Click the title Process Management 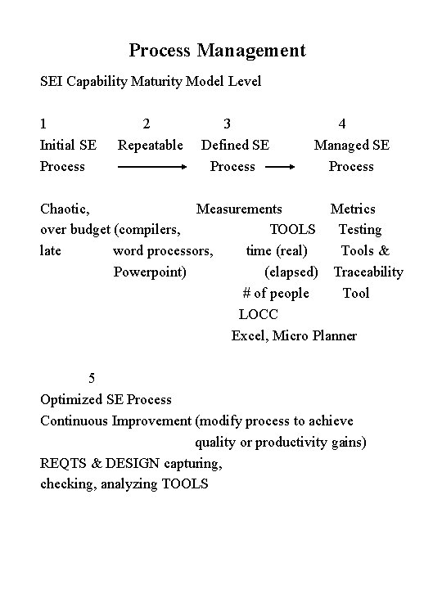(217, 51)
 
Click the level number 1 (44, 124)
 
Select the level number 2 (146, 124)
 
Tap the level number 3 (227, 124)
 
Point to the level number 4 (342, 124)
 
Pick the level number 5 (92, 378)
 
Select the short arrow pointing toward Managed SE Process (281, 167)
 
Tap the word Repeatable (151, 146)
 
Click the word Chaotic (64, 209)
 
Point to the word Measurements (239, 209)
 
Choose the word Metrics (353, 209)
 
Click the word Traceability (368, 272)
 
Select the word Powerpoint (149, 272)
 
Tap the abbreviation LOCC (259, 314)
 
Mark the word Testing (360, 230)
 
